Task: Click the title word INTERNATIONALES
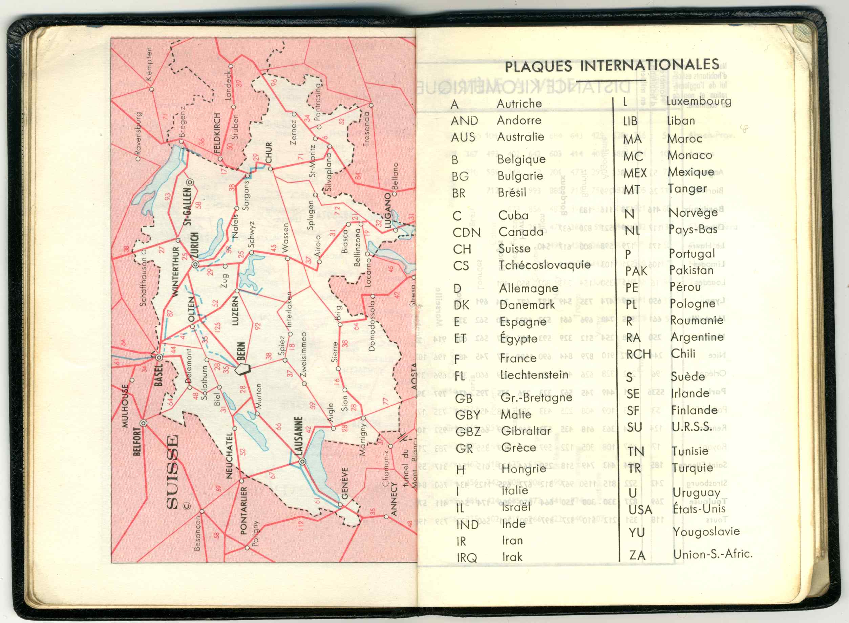point(649,65)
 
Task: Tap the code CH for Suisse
point(462,249)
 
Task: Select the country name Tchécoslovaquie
point(544,265)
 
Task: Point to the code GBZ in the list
point(468,432)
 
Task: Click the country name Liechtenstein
point(534,375)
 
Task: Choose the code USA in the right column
point(640,510)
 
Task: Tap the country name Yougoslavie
point(706,532)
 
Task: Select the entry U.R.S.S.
point(692,427)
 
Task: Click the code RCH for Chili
point(639,354)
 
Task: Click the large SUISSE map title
point(172,472)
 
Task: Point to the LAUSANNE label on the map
point(298,436)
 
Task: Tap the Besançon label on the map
point(197,533)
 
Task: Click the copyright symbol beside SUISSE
point(187,506)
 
